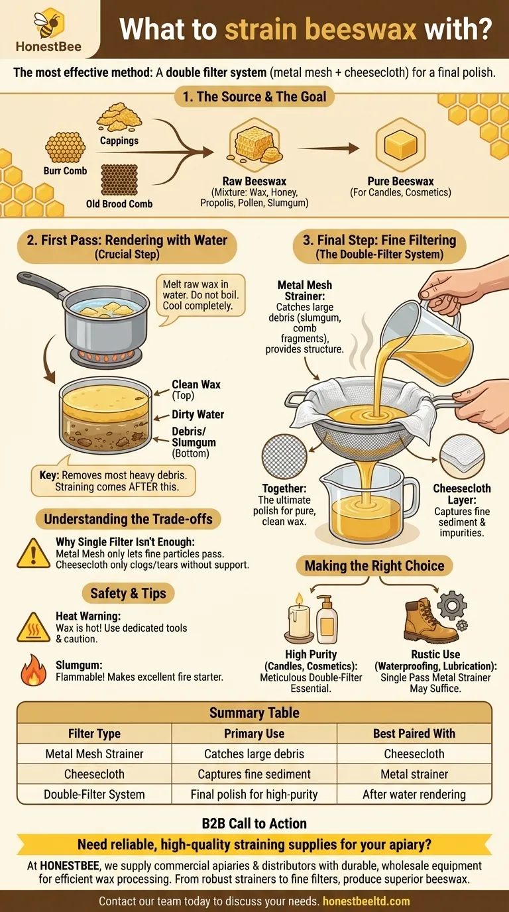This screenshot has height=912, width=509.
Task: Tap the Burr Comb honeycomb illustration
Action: point(65,147)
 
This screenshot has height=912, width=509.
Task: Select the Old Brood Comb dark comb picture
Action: point(119,180)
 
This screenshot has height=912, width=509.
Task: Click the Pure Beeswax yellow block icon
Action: point(401,144)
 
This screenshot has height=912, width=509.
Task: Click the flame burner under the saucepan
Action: point(106,357)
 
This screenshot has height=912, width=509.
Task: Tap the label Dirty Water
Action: point(198,414)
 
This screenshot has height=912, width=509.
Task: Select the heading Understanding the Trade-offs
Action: point(129,519)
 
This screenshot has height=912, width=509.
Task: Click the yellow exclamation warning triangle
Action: point(33,553)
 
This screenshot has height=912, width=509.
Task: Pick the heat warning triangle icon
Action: point(33,627)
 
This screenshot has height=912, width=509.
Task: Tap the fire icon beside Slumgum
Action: point(33,670)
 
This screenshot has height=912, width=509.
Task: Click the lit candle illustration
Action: point(299,618)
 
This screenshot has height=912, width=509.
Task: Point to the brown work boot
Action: point(429,621)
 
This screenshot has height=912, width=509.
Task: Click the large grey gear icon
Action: point(452,605)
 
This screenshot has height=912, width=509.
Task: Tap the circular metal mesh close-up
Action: point(284,457)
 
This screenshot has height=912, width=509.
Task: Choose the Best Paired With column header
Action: point(414,733)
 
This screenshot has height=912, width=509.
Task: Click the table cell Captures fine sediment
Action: point(254,774)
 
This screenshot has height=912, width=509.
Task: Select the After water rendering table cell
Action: point(414,794)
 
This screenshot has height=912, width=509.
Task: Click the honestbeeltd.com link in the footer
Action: point(366,901)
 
